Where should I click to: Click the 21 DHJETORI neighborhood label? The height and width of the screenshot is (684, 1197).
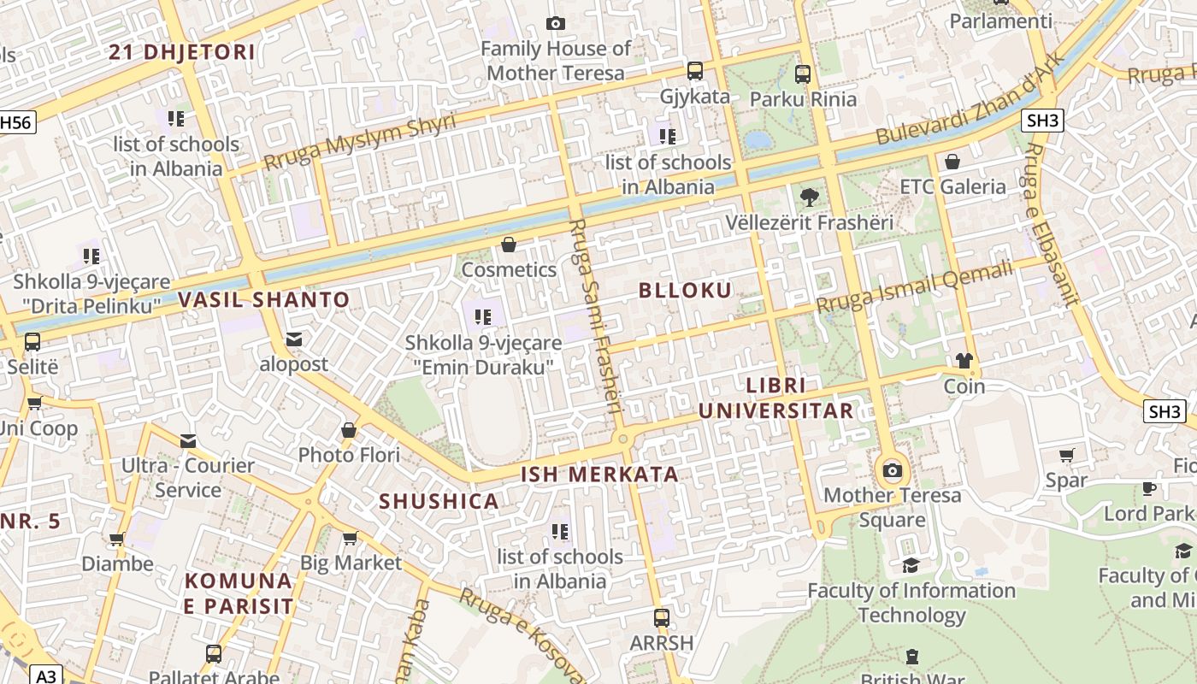(x=182, y=52)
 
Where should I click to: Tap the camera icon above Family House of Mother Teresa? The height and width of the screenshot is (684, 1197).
(x=556, y=23)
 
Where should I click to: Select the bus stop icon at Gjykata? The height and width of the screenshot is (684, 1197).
(x=695, y=71)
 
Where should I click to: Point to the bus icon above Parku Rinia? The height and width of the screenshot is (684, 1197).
(x=802, y=74)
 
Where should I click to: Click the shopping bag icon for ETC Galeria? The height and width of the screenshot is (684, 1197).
(x=952, y=162)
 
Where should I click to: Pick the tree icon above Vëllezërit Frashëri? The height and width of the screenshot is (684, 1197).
(x=809, y=198)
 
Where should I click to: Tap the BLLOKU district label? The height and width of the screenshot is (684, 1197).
(x=685, y=291)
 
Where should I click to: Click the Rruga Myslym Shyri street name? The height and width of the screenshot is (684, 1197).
(x=359, y=141)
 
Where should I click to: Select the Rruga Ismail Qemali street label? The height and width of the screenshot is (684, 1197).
(x=914, y=287)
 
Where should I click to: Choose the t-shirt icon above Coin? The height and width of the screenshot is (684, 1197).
(x=964, y=361)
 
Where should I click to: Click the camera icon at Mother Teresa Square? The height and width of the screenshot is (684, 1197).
(x=893, y=470)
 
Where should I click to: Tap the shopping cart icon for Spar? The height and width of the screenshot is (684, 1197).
(x=1066, y=455)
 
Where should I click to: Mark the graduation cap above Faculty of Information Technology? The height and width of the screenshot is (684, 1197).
(x=911, y=565)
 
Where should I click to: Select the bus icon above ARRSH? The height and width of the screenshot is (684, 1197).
(x=661, y=617)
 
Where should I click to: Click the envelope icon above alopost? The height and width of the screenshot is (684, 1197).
(x=294, y=339)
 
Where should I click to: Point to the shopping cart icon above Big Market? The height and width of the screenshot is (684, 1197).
(x=350, y=538)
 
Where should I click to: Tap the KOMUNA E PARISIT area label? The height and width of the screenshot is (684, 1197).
(x=239, y=593)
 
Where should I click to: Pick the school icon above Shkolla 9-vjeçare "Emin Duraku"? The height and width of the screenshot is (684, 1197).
(x=483, y=317)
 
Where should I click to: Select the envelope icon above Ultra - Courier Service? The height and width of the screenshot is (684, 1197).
(x=188, y=440)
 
